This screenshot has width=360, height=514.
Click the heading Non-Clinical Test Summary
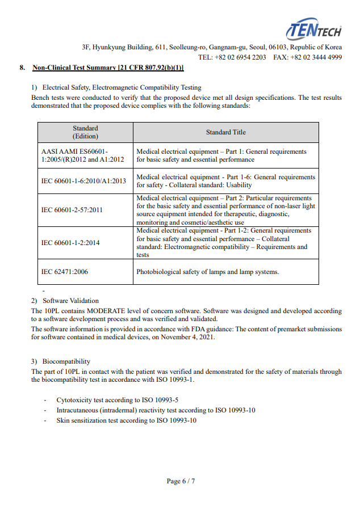tap(108, 68)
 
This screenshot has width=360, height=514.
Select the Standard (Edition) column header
tap(85, 132)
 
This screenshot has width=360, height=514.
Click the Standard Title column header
tap(225, 132)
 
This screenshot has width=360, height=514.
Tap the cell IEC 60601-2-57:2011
tap(72, 210)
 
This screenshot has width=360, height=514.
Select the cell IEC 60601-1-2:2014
tap(70, 243)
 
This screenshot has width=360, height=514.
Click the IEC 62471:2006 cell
tap(64, 272)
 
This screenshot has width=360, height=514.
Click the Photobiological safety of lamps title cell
tap(207, 272)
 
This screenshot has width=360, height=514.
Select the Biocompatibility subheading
tap(66, 361)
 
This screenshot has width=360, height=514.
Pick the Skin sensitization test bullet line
tap(126, 420)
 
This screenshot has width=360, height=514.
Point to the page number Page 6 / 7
tap(181, 481)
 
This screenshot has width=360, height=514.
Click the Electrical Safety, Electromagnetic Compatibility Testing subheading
tap(122, 87)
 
